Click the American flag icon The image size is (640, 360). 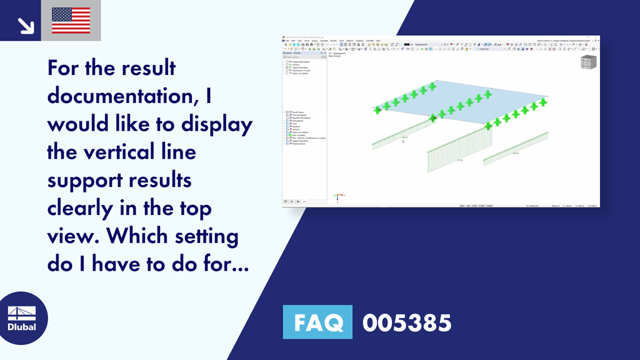point(71,20)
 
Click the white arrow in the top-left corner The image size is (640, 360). point(25,25)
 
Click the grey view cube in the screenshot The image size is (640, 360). point(588,62)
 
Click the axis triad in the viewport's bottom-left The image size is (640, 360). point(337,196)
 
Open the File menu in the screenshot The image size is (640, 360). point(287,41)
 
